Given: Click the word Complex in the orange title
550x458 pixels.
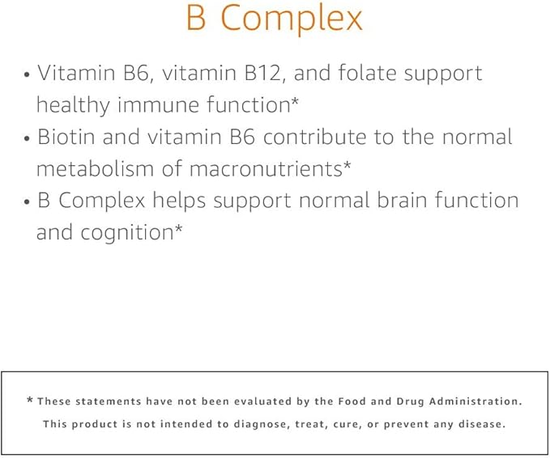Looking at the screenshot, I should coord(292,19).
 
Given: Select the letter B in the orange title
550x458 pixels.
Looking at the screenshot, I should coord(197,18).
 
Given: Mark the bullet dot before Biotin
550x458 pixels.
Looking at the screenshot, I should coord(28,138).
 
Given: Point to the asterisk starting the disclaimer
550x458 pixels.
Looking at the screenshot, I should coord(30,401).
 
